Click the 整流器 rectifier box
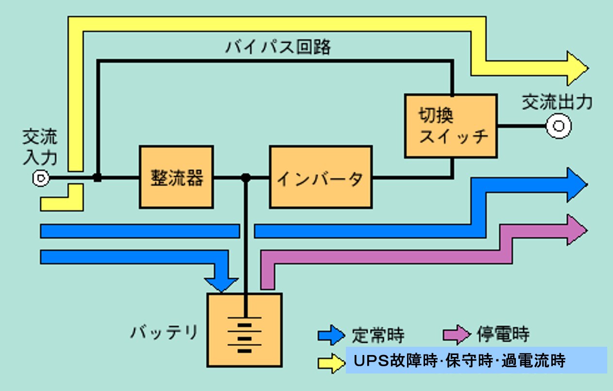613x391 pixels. [x=176, y=177]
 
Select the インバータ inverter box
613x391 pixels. [x=321, y=177]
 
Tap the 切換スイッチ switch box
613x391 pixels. [x=451, y=126]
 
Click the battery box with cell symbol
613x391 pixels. [x=244, y=330]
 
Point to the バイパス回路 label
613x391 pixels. [x=278, y=47]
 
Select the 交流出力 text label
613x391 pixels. [x=557, y=103]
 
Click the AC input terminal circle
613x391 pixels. [x=40, y=178]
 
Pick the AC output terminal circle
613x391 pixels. [x=558, y=126]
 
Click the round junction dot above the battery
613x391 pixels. [x=246, y=178]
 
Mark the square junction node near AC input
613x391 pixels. [x=98, y=178]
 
